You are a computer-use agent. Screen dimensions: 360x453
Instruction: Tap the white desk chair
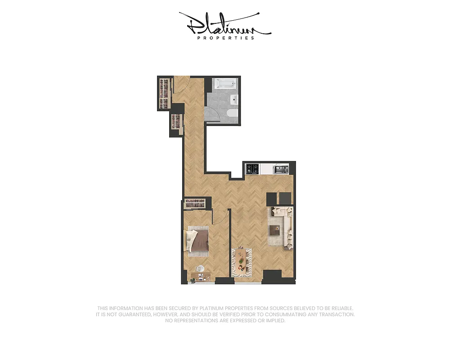[201, 269]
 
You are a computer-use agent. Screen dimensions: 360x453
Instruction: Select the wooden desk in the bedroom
[201, 276]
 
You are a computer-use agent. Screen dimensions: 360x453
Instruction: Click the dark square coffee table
[275, 230]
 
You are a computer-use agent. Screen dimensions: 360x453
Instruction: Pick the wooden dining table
[242, 261]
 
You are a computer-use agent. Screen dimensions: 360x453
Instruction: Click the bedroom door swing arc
[219, 218]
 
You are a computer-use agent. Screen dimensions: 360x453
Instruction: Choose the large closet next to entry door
[165, 93]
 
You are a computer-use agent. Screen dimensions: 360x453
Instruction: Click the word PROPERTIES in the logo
[226, 38]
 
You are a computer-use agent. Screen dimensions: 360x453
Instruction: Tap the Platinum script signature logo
[225, 25]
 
